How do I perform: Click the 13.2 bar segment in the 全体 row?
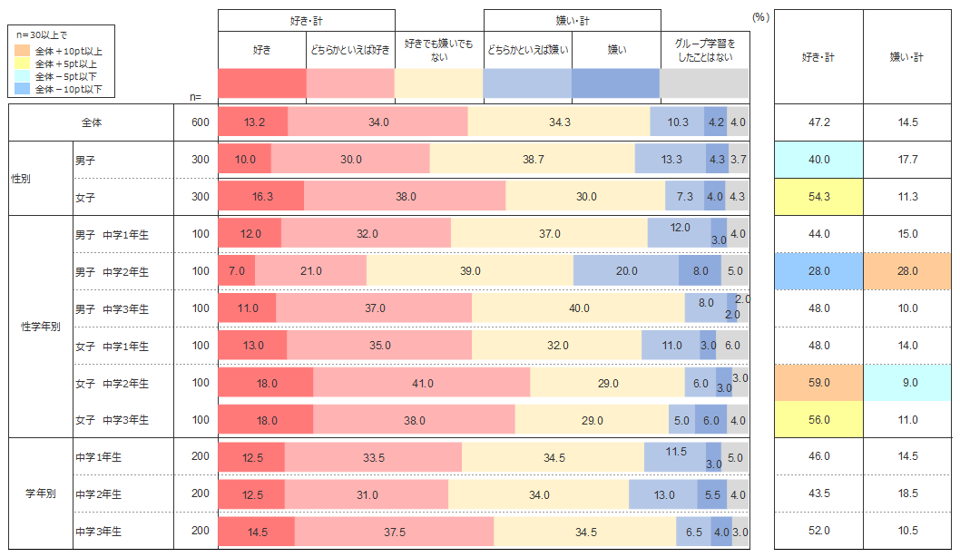253,122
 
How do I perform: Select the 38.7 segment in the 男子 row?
533,160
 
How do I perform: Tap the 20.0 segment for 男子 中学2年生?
626,271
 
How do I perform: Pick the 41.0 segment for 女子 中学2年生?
422,384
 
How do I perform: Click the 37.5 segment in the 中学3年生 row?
395,532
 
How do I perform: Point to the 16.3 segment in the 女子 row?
261,197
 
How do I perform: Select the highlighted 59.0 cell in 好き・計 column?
818,383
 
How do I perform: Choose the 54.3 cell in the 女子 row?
818,197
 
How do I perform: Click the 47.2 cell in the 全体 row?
818,122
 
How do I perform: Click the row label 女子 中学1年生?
113,346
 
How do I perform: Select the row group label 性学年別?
41,327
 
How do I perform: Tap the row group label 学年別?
41,494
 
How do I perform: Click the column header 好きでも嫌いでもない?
439,50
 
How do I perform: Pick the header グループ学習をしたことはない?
705,50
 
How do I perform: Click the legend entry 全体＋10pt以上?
68,51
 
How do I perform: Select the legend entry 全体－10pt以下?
68,89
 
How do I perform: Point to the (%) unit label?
760,17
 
